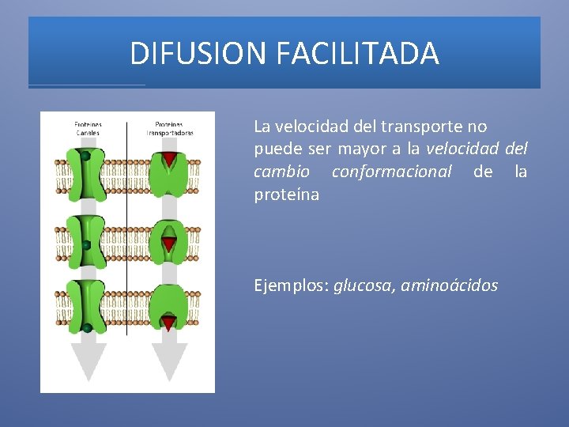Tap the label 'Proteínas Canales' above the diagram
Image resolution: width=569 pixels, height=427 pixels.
pyautogui.click(x=88, y=128)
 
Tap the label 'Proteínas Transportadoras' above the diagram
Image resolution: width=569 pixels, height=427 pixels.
pyautogui.click(x=169, y=128)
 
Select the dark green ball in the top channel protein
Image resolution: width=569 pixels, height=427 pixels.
pyautogui.click(x=85, y=157)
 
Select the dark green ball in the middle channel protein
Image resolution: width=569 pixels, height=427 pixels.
pyautogui.click(x=85, y=245)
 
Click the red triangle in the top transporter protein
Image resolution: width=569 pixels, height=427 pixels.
pyautogui.click(x=169, y=161)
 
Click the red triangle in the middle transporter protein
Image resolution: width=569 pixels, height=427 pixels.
pyautogui.click(x=169, y=243)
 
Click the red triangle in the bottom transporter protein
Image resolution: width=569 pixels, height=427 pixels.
pyautogui.click(x=169, y=322)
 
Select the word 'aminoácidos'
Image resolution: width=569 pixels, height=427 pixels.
pyautogui.click(x=449, y=285)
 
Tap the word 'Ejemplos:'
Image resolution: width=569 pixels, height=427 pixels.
pyautogui.click(x=292, y=285)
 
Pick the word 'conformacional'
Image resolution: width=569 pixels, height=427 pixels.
pyautogui.click(x=391, y=172)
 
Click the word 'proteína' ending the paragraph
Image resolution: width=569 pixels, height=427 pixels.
pyautogui.click(x=286, y=195)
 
